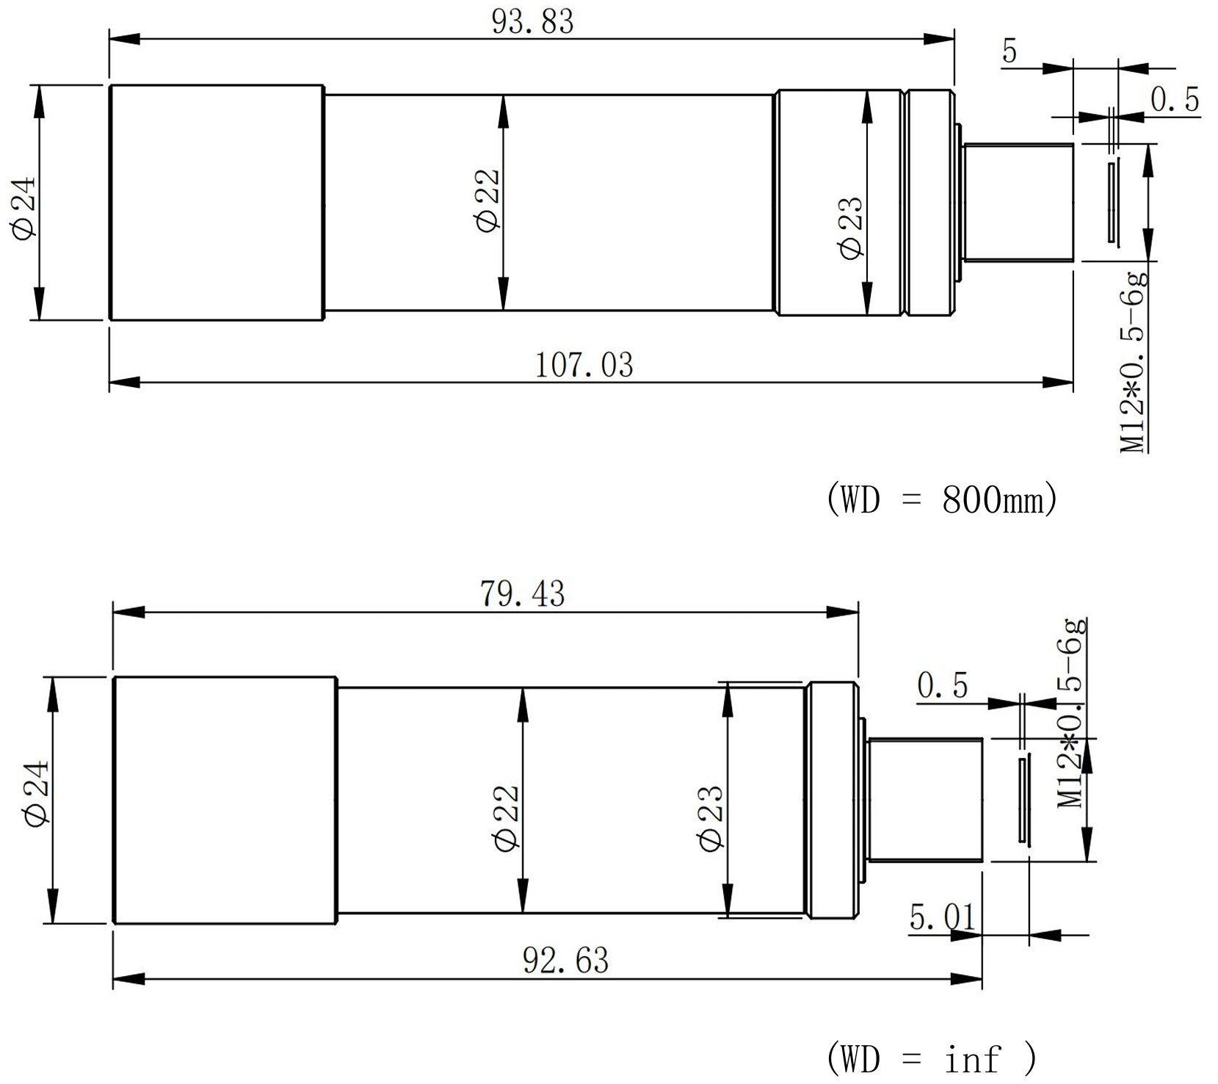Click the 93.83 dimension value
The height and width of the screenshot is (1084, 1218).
click(x=532, y=21)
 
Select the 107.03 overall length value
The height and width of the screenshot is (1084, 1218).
click(x=584, y=365)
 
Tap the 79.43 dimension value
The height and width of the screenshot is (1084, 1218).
click(x=523, y=594)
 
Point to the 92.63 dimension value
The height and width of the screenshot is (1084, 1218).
click(x=566, y=961)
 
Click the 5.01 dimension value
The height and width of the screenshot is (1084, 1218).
click(x=943, y=917)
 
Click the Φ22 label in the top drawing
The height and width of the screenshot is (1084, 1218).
click(x=487, y=200)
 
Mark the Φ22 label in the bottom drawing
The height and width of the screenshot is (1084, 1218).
click(x=507, y=819)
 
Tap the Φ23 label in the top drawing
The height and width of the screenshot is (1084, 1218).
click(x=852, y=228)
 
